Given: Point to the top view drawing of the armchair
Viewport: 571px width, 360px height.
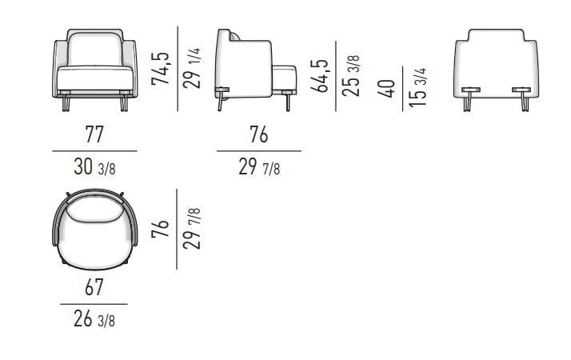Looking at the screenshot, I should coord(94,228).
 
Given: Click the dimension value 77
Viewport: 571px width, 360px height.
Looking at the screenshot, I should coord(94,134).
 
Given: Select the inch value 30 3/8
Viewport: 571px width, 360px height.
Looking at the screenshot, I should coord(94,169).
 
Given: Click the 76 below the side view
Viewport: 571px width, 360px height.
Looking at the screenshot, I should coord(258,134).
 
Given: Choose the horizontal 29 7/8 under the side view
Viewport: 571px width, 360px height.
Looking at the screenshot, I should coord(258,169).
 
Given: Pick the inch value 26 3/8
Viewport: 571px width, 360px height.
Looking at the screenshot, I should coord(94,322).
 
